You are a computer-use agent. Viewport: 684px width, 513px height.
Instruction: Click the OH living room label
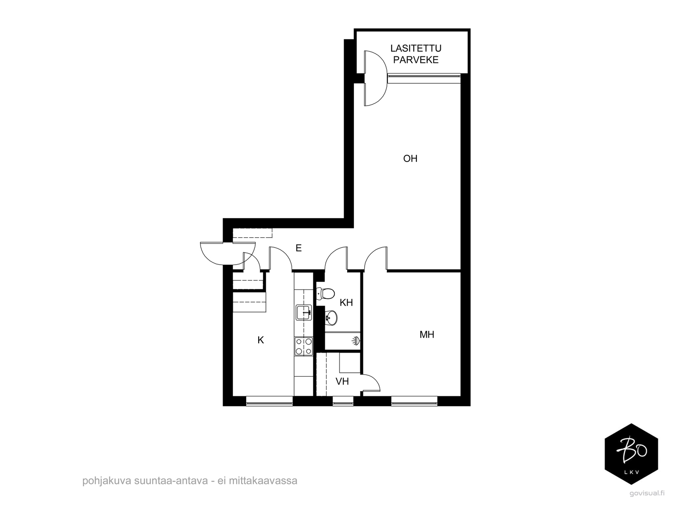[x=410, y=159]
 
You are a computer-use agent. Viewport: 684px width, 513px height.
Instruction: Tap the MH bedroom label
[x=427, y=335]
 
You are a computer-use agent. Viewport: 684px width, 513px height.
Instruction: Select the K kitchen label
[x=261, y=340]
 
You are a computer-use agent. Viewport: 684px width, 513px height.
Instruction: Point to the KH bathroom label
[x=346, y=303]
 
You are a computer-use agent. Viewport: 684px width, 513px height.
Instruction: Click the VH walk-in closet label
[x=342, y=381]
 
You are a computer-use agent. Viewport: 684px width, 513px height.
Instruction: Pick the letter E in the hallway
[x=298, y=248]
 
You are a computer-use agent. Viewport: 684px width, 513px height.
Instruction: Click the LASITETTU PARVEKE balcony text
[x=416, y=54]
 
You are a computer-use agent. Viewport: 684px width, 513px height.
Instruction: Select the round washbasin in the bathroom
[x=331, y=317]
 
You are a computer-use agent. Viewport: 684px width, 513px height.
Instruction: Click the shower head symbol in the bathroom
[x=355, y=341]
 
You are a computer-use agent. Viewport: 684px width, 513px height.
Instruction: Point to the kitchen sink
[x=304, y=313]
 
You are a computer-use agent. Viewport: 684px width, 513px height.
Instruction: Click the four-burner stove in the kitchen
[x=304, y=346]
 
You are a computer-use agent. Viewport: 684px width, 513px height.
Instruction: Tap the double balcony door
[x=375, y=78]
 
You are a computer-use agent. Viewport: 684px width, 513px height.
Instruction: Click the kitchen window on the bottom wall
[x=269, y=401]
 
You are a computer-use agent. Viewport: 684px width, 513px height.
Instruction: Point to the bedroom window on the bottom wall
[x=414, y=401]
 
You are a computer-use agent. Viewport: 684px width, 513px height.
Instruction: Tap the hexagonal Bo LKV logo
[x=631, y=454]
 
